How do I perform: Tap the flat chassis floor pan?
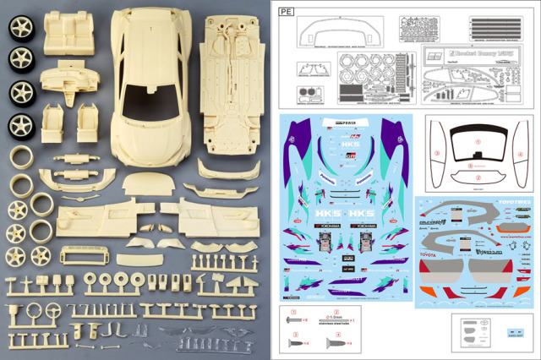[x=232, y=85]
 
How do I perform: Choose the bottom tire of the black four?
[x=19, y=125]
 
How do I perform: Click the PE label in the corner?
[x=286, y=12]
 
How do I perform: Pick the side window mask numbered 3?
[x=439, y=152]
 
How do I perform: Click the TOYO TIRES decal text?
[x=507, y=203]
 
